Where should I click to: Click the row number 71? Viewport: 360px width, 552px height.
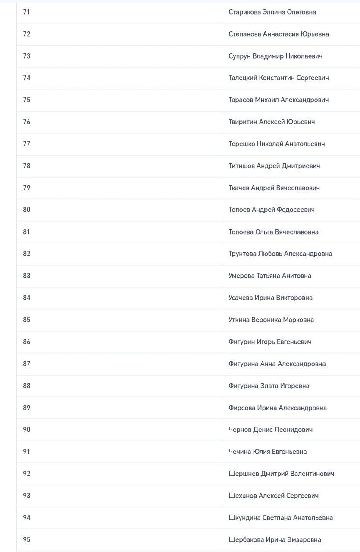point(27,12)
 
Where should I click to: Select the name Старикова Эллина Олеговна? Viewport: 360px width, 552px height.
point(272,12)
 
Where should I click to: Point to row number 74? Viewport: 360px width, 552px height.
point(27,78)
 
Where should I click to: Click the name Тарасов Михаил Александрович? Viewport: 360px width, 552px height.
point(279,100)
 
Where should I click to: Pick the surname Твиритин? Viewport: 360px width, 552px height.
point(243,122)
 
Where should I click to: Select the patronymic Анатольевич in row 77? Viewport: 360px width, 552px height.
point(305,144)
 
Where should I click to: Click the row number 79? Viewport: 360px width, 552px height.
point(27,188)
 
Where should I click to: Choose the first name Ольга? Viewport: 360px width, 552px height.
point(264,232)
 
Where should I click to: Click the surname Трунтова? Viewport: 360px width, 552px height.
point(242,254)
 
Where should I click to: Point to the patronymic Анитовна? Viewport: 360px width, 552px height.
point(296,276)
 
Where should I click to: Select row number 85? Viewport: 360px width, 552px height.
point(27,320)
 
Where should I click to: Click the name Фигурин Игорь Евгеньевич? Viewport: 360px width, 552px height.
point(270,342)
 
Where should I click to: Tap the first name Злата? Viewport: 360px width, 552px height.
point(269,386)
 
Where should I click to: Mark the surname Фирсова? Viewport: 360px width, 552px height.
point(242,408)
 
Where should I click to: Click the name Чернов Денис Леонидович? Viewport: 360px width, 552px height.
point(270,430)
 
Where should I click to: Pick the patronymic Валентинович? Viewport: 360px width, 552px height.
point(312,474)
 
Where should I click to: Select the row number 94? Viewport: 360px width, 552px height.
point(27,518)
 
